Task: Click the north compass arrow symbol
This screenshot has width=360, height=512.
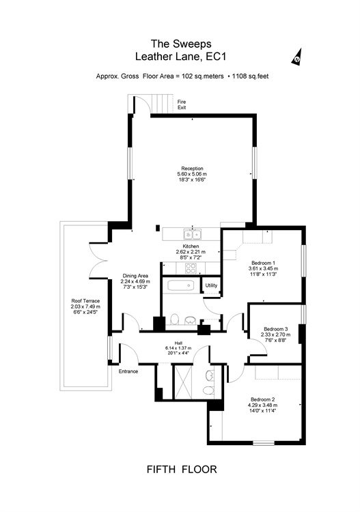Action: point(297,57)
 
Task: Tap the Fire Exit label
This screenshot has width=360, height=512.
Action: point(182,104)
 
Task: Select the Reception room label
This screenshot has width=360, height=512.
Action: point(192,169)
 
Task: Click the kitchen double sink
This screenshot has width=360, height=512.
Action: point(193,234)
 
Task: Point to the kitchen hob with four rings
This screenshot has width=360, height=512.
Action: point(191,268)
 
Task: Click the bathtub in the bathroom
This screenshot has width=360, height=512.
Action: point(180,286)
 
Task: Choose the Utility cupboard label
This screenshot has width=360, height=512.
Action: point(211,285)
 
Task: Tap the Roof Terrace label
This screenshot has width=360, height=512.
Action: point(85,301)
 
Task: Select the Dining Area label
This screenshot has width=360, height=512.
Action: point(135,276)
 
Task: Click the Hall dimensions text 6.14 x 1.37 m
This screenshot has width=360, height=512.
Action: point(178,348)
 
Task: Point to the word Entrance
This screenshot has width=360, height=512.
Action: point(128,371)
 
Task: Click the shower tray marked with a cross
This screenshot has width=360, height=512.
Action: point(183,382)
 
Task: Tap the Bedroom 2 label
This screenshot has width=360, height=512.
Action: point(262,399)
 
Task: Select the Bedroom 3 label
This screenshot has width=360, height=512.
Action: point(276,329)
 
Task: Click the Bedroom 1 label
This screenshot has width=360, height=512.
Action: point(263,263)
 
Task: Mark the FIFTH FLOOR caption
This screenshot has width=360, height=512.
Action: point(182,469)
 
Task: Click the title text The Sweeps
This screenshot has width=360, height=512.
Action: point(181,44)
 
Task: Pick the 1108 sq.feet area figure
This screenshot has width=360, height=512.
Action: point(250,76)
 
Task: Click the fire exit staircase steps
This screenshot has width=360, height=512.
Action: point(162,104)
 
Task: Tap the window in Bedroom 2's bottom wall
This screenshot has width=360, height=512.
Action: point(264,443)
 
